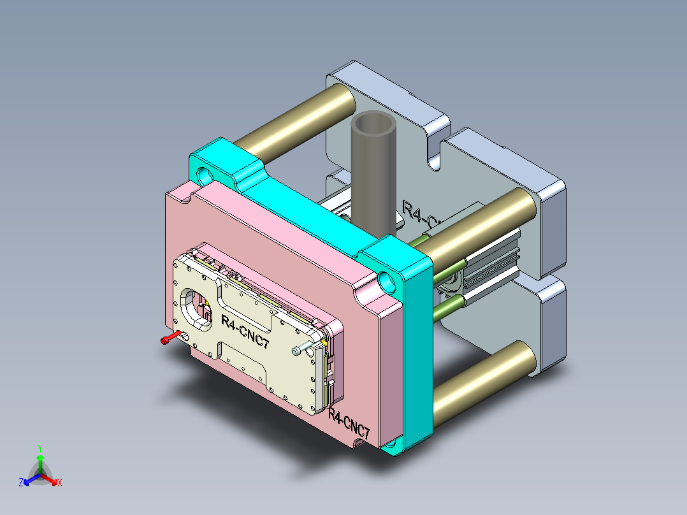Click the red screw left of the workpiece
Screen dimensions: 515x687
pyautogui.click(x=168, y=340)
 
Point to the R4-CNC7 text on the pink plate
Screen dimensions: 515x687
pyautogui.click(x=349, y=424)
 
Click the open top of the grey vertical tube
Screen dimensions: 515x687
pyautogui.click(x=375, y=124)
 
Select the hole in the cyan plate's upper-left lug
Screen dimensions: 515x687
pyautogui.click(x=206, y=173)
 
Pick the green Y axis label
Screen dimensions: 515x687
pyautogui.click(x=40, y=448)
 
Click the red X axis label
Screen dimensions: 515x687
pyautogui.click(x=60, y=483)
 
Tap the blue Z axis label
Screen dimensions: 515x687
pyautogui.click(x=21, y=483)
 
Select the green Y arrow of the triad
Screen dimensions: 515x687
pyautogui.click(x=40, y=461)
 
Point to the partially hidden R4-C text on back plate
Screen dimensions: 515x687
pyautogui.click(x=421, y=214)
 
